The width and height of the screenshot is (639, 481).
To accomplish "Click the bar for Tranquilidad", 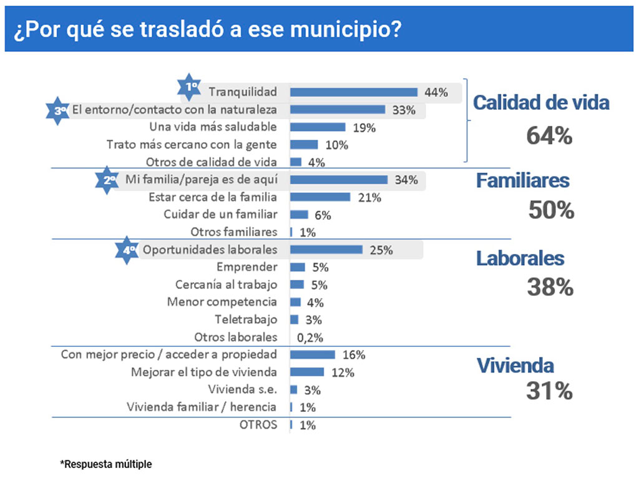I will point(354,92).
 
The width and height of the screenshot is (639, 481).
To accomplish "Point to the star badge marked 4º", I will point(127,250).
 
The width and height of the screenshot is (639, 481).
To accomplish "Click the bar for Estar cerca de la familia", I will point(321,197).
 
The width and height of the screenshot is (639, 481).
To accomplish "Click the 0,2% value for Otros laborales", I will point(310,338).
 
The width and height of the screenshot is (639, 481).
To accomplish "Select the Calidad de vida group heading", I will point(540,102).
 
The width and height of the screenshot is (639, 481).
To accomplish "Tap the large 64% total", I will point(549,135).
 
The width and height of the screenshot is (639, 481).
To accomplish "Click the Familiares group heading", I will point(522,180).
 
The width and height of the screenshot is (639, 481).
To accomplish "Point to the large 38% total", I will point(550,287).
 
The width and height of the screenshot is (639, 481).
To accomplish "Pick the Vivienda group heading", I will point(515,365).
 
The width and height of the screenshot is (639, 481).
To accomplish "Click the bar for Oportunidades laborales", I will point(326,250).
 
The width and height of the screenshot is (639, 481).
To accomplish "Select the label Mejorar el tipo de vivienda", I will point(203,372).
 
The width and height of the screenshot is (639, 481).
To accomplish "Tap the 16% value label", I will point(354,355).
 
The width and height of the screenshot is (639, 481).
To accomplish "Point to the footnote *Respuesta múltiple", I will point(105,464).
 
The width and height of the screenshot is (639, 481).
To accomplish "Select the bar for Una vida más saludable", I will point(318,127).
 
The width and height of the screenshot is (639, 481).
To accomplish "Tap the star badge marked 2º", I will point(107,180).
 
